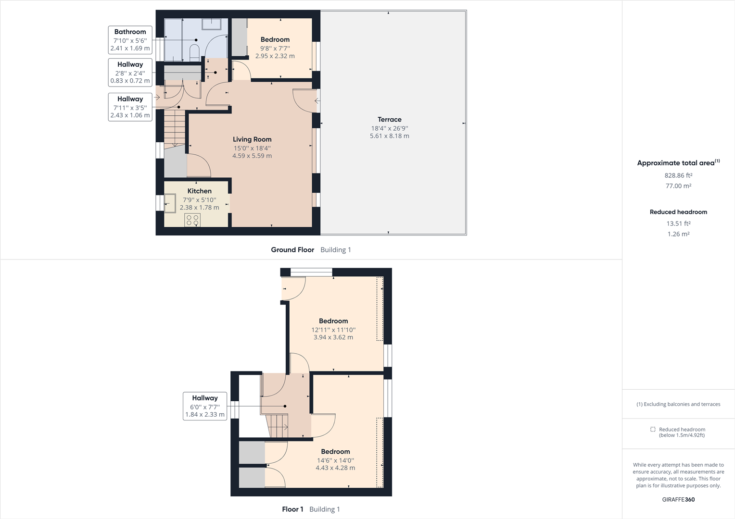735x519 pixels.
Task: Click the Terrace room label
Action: click(x=389, y=120)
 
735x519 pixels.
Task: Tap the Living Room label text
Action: click(x=252, y=139)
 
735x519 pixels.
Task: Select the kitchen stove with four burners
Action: click(x=192, y=220)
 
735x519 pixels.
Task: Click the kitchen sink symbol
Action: click(x=170, y=203)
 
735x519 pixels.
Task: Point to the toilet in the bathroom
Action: click(x=194, y=51)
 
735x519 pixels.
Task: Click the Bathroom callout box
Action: click(x=130, y=40)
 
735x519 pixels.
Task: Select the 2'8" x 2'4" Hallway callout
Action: click(x=130, y=72)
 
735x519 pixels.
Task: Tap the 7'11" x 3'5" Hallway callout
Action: click(x=130, y=107)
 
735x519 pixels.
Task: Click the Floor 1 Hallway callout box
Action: click(x=205, y=406)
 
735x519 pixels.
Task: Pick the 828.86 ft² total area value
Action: click(x=678, y=175)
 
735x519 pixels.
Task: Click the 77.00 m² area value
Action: click(x=678, y=186)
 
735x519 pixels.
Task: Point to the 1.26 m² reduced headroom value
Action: click(x=678, y=234)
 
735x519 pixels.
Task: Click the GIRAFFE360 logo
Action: click(x=678, y=499)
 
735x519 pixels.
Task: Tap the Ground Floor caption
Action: click(x=292, y=250)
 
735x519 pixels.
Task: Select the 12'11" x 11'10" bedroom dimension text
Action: click(x=333, y=330)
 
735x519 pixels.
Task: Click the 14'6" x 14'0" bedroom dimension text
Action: click(x=335, y=460)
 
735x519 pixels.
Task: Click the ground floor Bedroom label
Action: click(x=275, y=39)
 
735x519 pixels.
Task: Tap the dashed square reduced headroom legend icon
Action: click(x=653, y=429)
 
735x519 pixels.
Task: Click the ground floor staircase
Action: click(x=175, y=128)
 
